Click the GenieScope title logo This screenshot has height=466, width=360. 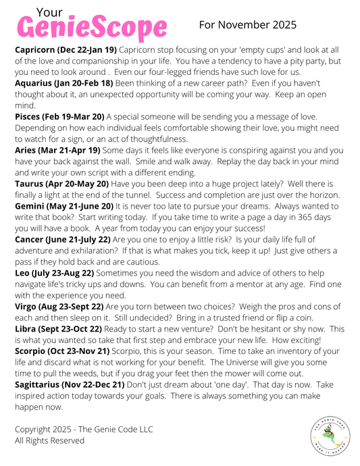(91, 28)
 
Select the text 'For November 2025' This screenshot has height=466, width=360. (248, 25)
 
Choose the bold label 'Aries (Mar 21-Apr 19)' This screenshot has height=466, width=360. (58, 150)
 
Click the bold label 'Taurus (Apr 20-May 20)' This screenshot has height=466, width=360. (62, 184)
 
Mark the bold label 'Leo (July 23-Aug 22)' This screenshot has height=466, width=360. (55, 272)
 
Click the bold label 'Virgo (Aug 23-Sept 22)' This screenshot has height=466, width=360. (59, 306)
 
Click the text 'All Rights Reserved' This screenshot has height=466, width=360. (50, 440)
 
